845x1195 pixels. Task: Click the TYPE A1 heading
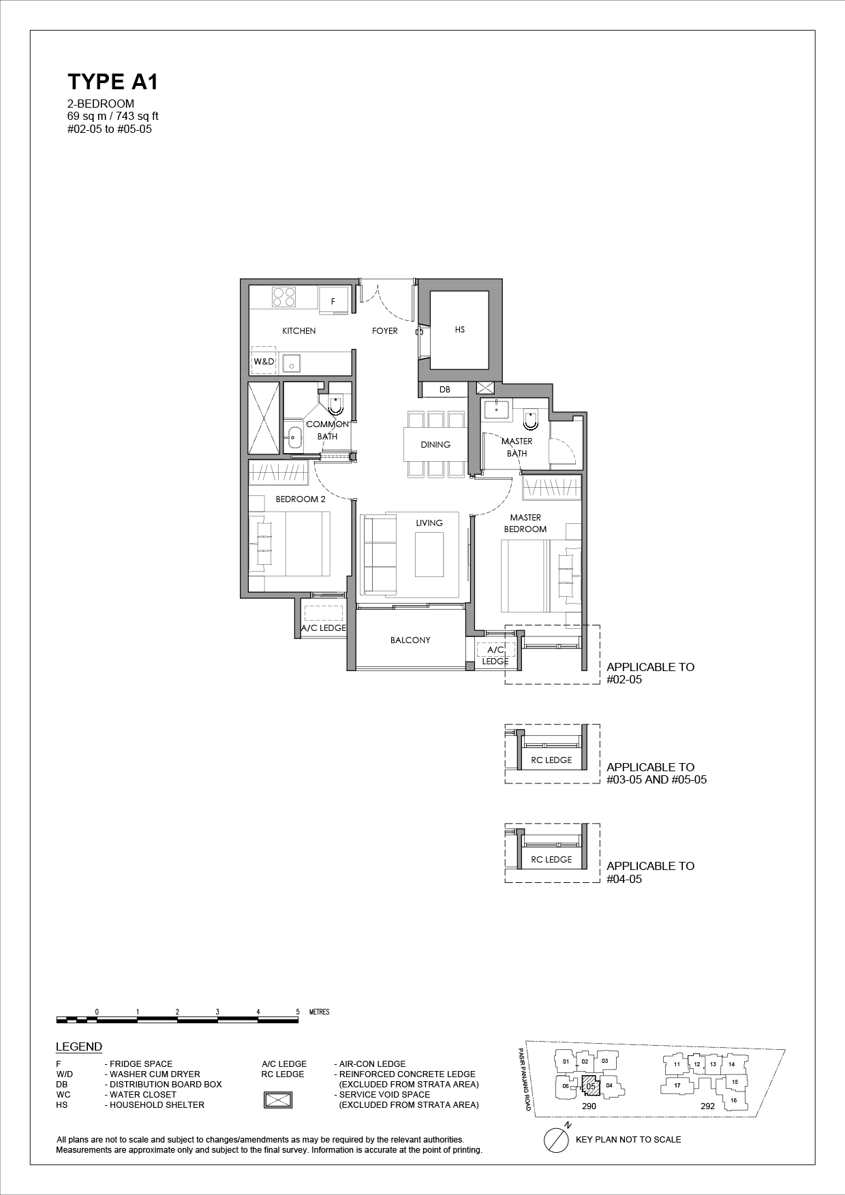pyautogui.click(x=112, y=82)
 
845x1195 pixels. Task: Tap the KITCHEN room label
pyautogui.click(x=299, y=331)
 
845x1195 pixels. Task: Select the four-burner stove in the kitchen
pyautogui.click(x=284, y=296)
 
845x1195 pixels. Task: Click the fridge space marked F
pyautogui.click(x=333, y=300)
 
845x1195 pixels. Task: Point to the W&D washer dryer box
pyautogui.click(x=264, y=362)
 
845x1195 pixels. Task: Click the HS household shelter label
pyautogui.click(x=460, y=330)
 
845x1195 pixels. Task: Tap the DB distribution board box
pyautogui.click(x=445, y=390)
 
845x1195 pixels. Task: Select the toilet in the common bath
pyautogui.click(x=335, y=405)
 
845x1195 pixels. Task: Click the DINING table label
pyautogui.click(x=435, y=445)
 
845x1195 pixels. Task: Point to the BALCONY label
pyautogui.click(x=410, y=640)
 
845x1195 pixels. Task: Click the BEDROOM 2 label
pyautogui.click(x=301, y=499)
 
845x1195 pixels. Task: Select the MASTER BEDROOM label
pyautogui.click(x=525, y=523)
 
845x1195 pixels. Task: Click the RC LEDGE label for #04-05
pyautogui.click(x=551, y=860)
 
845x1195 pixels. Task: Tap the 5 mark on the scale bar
pyautogui.click(x=298, y=1012)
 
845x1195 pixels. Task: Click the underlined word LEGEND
pyautogui.click(x=79, y=1047)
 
